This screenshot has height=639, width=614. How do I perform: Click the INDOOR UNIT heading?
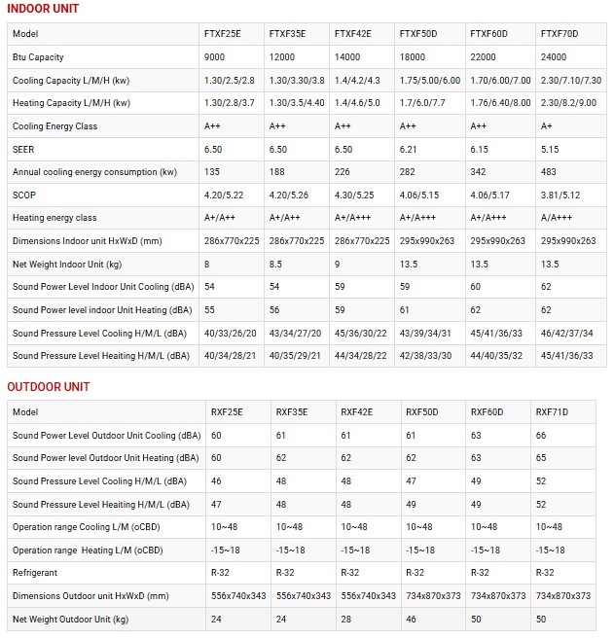43,9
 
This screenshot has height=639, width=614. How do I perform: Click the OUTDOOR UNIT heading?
49,387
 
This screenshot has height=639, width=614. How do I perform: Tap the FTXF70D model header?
559,34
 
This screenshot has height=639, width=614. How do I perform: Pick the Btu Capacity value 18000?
413,57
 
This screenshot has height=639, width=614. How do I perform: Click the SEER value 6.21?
409,149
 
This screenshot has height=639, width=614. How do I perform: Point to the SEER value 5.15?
549,149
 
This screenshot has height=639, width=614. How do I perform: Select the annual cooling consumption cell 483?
548,172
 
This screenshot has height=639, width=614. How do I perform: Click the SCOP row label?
24,195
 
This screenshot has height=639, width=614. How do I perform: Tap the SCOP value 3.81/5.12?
562,195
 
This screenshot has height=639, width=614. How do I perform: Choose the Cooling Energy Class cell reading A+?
546,126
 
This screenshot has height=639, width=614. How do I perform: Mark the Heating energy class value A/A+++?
561,218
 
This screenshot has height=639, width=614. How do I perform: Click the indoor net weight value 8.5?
276,264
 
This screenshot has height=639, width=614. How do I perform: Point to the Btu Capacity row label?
38,57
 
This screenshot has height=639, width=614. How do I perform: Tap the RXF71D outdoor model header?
552,412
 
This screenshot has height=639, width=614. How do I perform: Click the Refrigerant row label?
35,573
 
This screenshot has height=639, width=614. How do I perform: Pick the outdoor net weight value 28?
346,619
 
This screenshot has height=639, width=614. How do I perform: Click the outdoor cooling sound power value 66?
541,435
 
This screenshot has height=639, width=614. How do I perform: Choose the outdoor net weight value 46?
411,619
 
